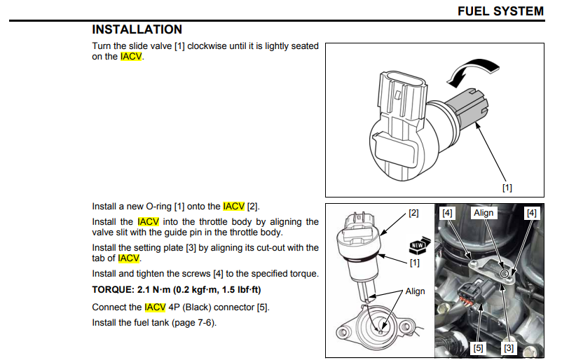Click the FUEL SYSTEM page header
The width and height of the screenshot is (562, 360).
(501, 11)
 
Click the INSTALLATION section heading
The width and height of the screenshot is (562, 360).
(137, 29)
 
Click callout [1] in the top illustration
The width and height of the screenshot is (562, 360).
(507, 188)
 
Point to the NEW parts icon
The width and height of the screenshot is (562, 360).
(419, 245)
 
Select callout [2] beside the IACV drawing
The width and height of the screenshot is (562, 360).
(413, 213)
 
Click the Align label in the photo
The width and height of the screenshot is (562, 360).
(484, 213)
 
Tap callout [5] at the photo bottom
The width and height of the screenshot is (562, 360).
(478, 348)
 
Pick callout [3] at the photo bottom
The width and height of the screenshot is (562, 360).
(509, 348)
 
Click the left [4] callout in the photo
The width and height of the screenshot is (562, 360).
(447, 213)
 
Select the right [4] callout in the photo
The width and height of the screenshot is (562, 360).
(532, 213)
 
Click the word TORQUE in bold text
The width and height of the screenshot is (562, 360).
(112, 290)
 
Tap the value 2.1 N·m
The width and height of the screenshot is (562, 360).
(153, 290)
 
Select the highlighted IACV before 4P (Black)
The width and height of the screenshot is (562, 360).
(155, 307)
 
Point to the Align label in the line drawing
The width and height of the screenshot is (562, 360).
(415, 291)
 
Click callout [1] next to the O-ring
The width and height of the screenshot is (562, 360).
(415, 263)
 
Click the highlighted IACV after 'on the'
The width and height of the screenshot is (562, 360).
(131, 57)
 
